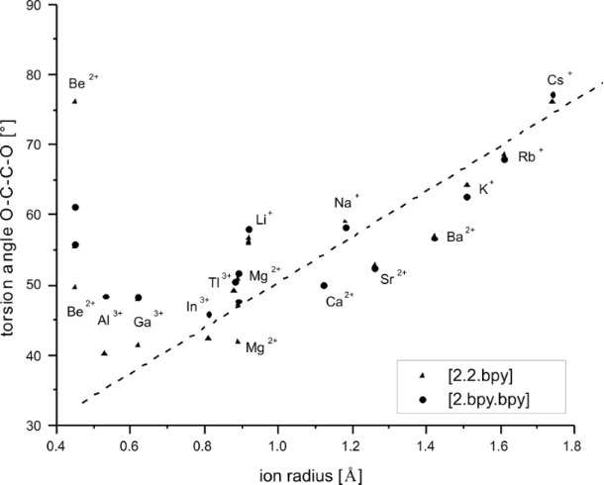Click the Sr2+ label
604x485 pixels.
coord(394,279)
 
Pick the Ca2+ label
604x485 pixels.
coord(341,299)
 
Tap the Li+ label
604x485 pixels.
coord(264,218)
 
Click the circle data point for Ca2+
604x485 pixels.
coord(324,285)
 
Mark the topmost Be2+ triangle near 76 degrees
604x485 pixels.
coord(74,101)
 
